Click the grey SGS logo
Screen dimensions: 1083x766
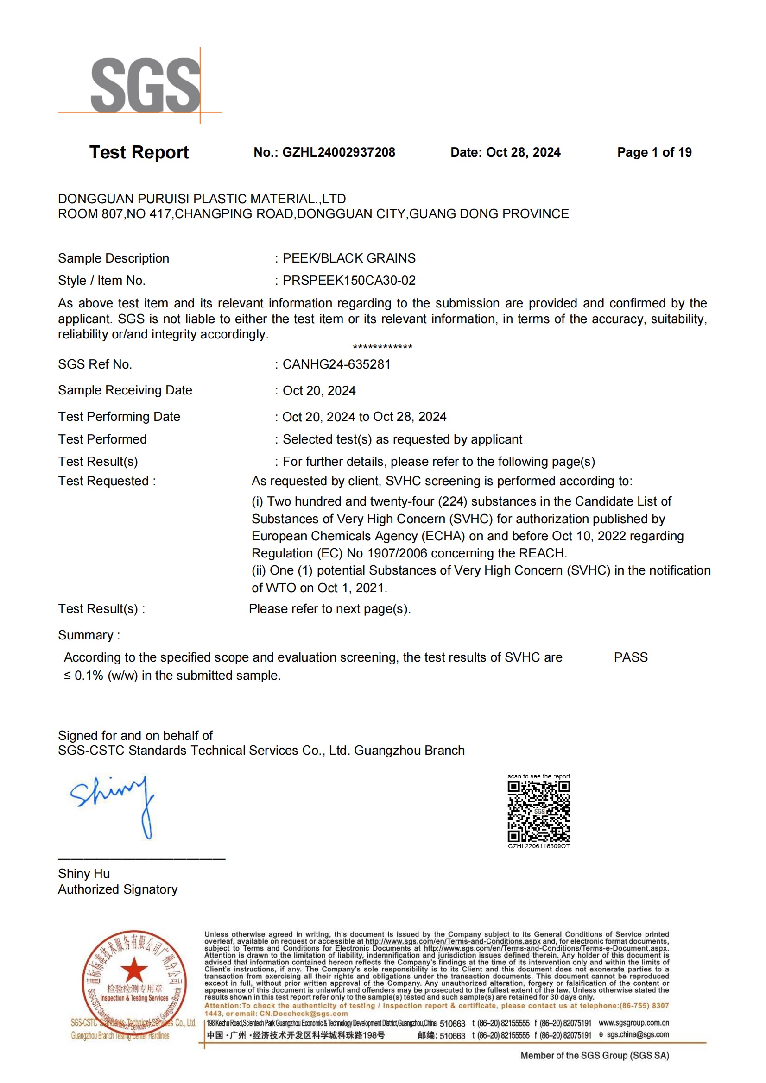click(146, 85)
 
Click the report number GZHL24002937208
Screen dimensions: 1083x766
click(338, 152)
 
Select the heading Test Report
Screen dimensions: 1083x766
click(139, 152)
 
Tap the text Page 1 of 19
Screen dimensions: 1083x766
click(654, 152)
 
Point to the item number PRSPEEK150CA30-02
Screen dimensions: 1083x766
click(349, 281)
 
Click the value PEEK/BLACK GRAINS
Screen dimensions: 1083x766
click(349, 258)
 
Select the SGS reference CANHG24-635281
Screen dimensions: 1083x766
click(336, 364)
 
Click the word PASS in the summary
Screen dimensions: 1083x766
click(631, 657)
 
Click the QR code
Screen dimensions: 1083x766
click(538, 811)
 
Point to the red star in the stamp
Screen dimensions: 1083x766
click(134, 970)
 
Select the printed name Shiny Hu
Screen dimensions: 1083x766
click(84, 874)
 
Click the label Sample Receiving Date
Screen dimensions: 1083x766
click(125, 391)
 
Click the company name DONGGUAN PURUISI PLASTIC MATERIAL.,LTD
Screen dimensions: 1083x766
click(202, 199)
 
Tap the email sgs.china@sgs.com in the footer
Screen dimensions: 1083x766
click(638, 1034)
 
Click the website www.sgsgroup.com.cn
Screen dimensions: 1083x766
click(633, 1023)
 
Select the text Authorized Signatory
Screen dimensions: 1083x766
click(118, 889)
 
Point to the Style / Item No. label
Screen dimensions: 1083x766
click(101, 281)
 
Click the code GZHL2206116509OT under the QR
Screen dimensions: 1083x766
click(538, 846)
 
